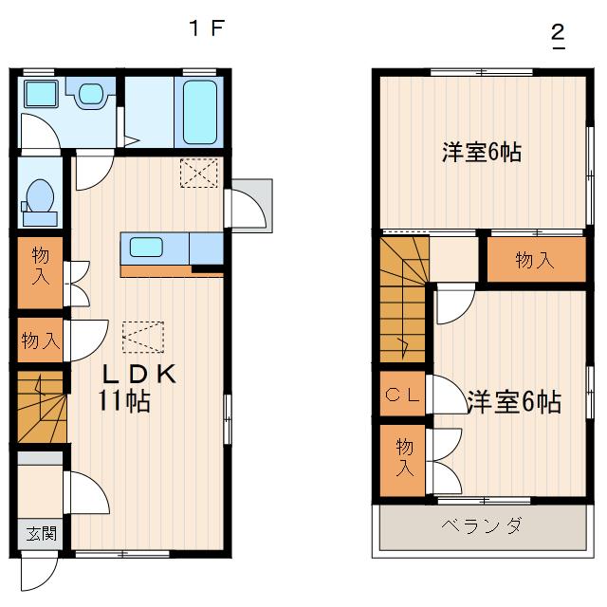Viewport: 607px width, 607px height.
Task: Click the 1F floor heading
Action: tap(206, 28)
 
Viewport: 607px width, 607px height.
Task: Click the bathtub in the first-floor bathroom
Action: tap(198, 111)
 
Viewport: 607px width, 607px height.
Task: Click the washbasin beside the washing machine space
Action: tap(91, 94)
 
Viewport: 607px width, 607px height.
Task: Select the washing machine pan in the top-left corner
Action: tap(41, 95)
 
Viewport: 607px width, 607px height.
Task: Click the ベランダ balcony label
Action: tap(480, 526)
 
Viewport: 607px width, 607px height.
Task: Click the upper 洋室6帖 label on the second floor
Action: tap(481, 152)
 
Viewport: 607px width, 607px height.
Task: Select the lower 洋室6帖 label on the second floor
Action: tap(513, 402)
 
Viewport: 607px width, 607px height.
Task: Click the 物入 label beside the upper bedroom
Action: tap(536, 261)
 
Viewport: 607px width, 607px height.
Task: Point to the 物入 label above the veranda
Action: tap(404, 457)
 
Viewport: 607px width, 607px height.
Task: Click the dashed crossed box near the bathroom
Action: tap(199, 173)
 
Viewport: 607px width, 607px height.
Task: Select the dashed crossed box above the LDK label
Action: tap(142, 336)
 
